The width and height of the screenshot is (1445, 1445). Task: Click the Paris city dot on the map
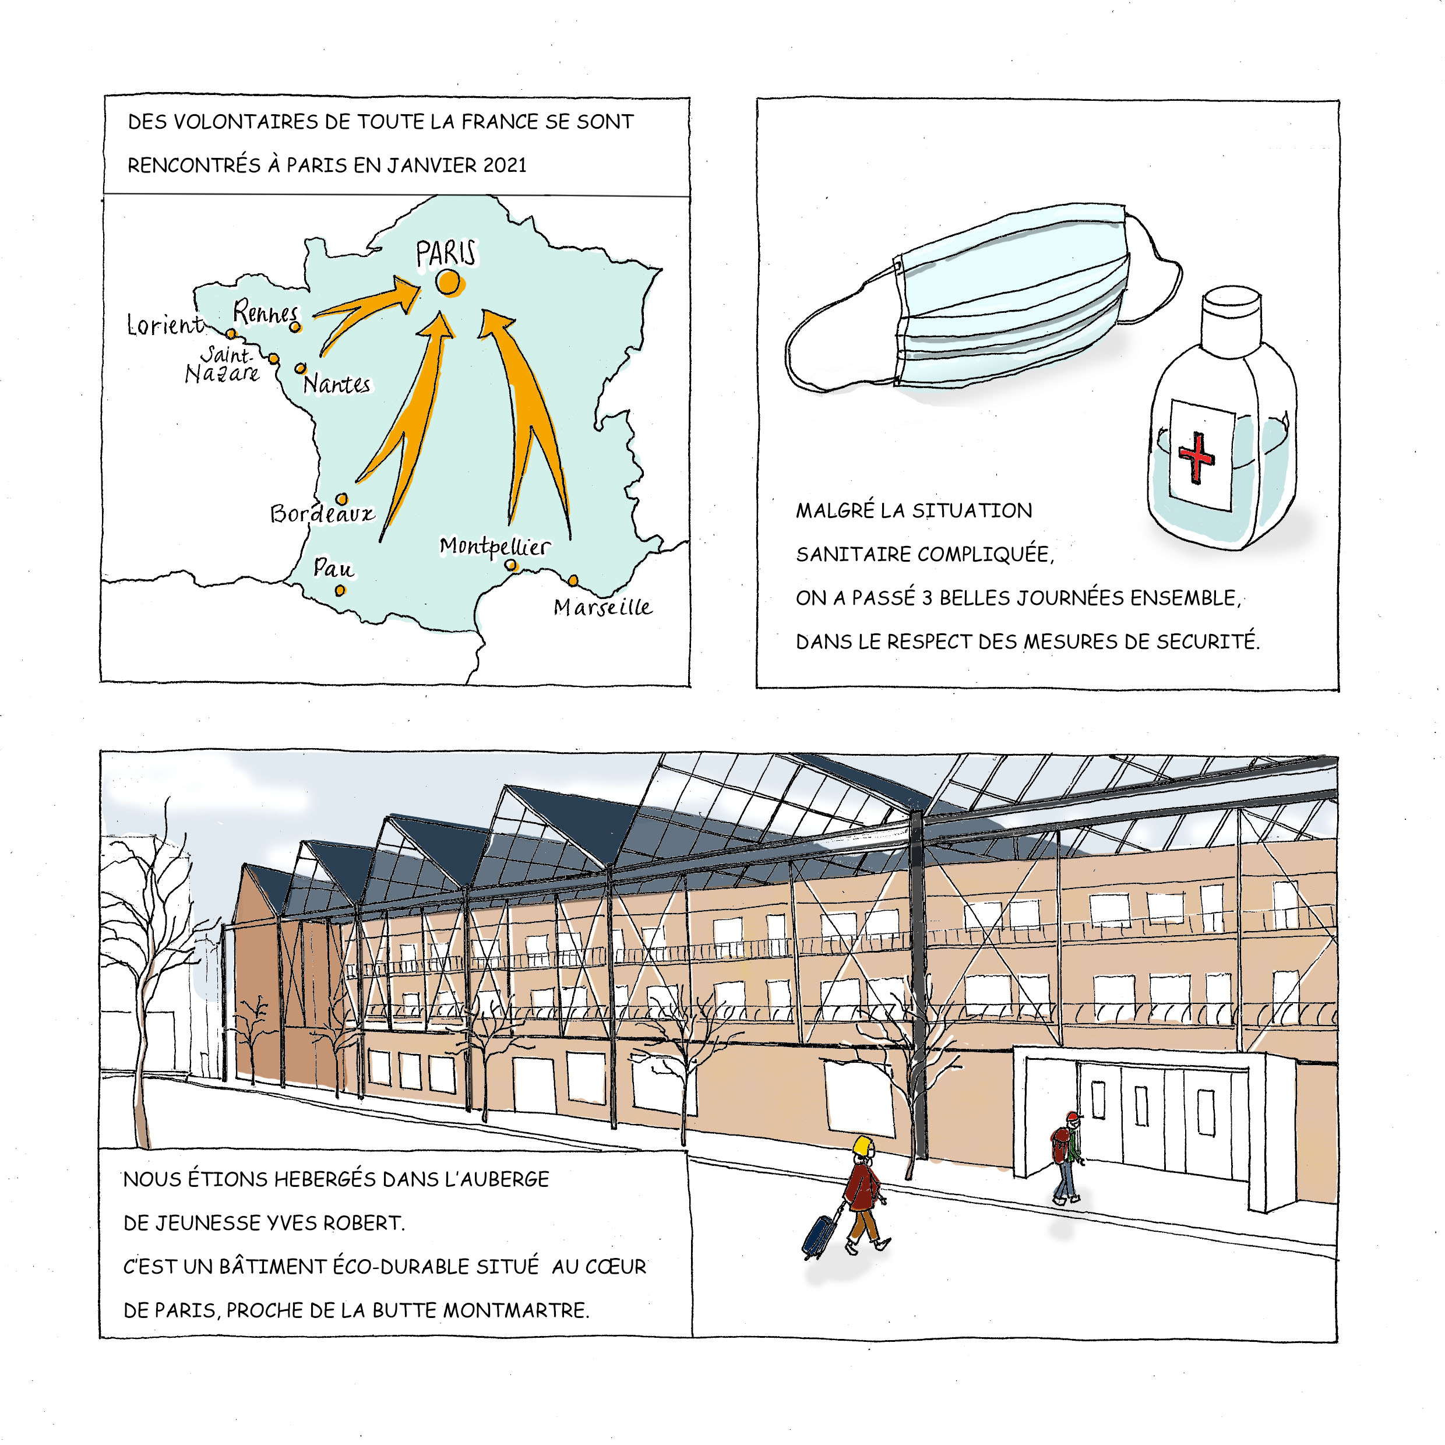(x=448, y=282)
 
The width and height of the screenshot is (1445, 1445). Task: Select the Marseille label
(x=603, y=607)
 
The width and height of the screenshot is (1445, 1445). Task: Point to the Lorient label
(x=164, y=325)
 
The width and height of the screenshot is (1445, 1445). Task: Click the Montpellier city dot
(x=511, y=565)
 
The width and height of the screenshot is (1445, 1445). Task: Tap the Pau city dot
(x=340, y=590)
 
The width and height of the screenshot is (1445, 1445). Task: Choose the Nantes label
(x=337, y=385)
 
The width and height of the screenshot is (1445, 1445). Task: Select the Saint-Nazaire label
(x=223, y=364)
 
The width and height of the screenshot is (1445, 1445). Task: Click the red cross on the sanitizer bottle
(x=1196, y=456)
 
